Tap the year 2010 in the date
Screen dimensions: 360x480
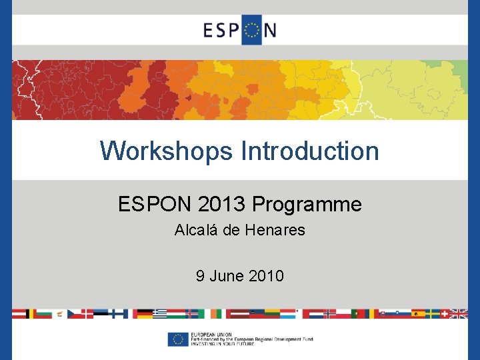click(266, 275)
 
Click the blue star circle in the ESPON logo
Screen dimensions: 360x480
click(251, 31)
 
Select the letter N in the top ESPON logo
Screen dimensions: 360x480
click(269, 31)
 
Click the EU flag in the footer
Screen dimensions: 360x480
click(178, 339)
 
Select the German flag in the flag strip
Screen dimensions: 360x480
click(143, 313)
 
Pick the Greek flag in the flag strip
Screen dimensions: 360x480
click(160, 313)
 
